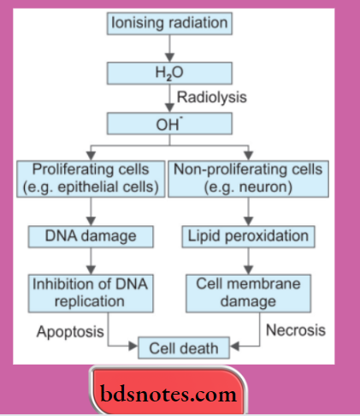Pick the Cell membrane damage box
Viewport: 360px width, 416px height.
[x=247, y=294]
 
